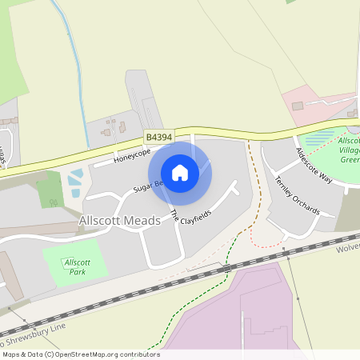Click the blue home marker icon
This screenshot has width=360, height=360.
pos(180,173)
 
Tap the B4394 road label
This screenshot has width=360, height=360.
pos(158,137)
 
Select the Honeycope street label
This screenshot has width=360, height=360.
pos(132,154)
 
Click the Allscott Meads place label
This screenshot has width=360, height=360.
pos(113,220)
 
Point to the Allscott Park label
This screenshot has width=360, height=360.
pos(78,267)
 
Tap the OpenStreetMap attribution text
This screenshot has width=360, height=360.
pos(80,354)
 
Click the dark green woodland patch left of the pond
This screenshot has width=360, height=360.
pos(50,189)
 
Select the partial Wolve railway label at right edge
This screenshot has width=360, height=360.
pos(348,248)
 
